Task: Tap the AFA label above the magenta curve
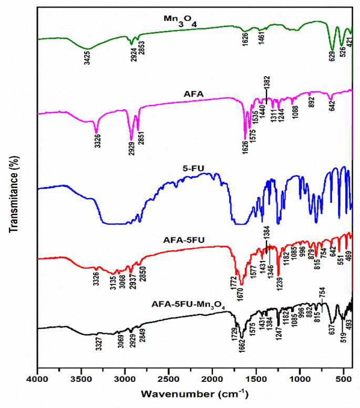coord(180,93)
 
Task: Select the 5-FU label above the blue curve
coord(194,169)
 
